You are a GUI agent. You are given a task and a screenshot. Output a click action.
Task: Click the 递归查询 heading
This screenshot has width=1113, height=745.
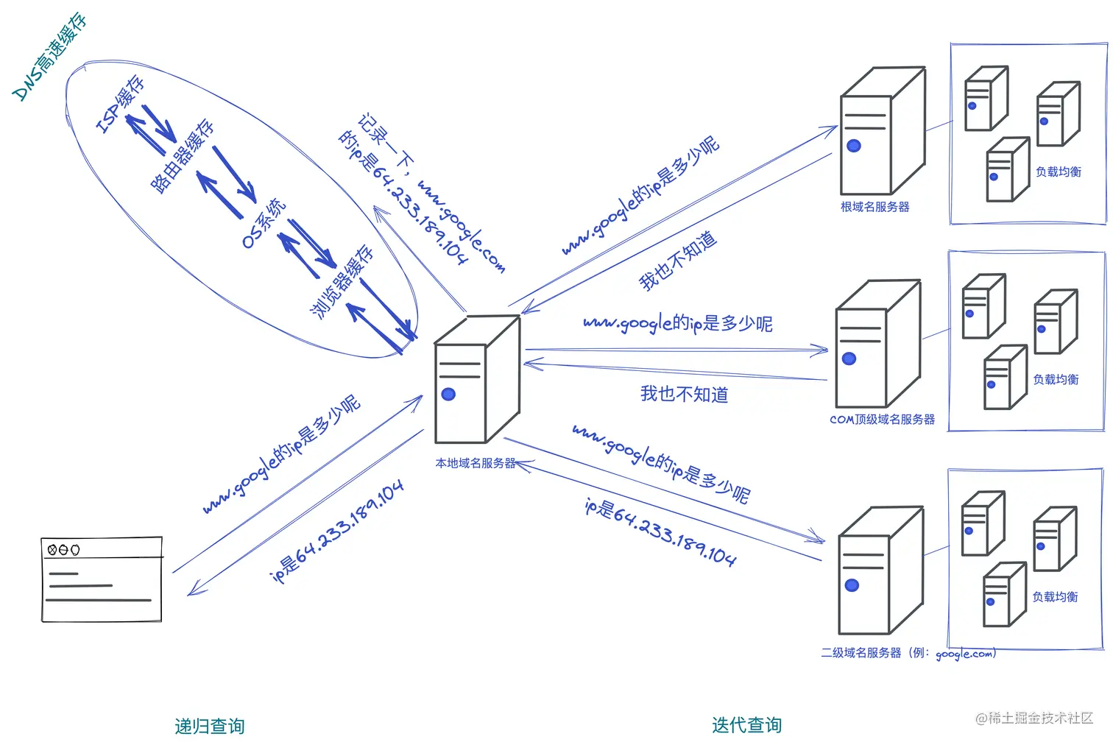209,726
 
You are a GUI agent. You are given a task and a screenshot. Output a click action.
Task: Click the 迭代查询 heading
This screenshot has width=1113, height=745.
746,724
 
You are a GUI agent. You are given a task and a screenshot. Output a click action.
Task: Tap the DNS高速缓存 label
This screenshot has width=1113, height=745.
50,57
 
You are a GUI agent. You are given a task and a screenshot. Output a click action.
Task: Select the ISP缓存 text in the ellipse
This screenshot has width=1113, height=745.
120,105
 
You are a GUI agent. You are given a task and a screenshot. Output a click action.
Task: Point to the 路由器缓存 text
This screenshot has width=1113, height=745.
183,156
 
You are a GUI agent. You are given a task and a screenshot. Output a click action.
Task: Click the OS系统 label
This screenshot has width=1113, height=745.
264,223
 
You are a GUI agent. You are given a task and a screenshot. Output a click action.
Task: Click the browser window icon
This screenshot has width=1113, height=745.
102,580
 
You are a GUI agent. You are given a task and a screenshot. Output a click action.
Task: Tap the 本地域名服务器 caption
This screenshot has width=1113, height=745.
475,463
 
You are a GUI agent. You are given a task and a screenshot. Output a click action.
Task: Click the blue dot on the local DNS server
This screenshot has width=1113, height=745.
448,395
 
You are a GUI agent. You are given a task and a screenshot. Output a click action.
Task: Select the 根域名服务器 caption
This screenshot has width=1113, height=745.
875,207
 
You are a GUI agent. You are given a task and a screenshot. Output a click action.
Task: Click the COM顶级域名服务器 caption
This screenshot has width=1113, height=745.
882,419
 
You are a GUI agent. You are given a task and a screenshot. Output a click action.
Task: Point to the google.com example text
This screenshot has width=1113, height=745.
965,654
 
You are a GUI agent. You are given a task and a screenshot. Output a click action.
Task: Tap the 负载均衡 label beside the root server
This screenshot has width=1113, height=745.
1058,172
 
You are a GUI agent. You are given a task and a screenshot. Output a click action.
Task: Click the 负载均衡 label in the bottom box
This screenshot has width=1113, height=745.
1054,596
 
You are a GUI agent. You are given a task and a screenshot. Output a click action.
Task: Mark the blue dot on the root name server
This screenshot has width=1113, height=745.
854,146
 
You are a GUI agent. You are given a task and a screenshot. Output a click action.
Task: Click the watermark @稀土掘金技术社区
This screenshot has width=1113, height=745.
1033,718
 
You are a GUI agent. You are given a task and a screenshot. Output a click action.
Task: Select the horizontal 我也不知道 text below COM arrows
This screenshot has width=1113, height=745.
684,394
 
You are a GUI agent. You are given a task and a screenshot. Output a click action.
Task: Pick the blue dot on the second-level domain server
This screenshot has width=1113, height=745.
852,585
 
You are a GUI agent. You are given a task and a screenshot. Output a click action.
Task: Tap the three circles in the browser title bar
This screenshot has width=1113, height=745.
63,549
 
